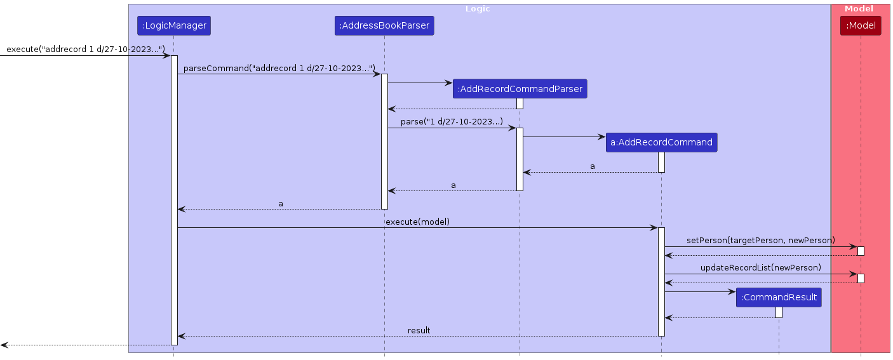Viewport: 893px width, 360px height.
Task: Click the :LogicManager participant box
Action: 173,26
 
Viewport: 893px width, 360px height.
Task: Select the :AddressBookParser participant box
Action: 384,26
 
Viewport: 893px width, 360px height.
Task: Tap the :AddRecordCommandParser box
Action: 520,89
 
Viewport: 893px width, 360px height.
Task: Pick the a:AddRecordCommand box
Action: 661,142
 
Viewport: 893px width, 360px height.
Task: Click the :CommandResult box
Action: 779,297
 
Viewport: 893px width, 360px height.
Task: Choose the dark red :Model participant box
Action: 861,26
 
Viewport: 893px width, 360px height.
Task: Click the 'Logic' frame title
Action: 478,9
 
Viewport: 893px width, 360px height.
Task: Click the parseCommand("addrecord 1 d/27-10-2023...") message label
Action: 279,68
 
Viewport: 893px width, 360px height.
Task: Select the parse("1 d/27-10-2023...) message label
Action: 452,121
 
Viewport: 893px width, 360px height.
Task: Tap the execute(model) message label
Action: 417,222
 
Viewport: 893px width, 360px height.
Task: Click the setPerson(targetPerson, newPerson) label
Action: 760,241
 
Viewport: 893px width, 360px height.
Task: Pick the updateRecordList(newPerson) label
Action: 760,268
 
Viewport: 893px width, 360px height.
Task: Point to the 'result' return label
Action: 419,330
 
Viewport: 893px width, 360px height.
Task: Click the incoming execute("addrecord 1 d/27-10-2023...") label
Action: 86,50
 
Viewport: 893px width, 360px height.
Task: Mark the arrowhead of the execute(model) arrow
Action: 654,228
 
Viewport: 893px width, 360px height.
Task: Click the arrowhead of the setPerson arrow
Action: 854,247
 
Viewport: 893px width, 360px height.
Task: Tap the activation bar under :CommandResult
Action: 779,312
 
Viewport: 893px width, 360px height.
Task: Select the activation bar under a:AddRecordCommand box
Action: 661,162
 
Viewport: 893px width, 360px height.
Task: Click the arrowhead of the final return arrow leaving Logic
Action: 4,345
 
